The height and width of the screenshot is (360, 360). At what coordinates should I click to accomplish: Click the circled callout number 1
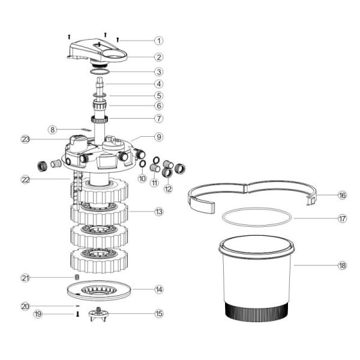pos(158,41)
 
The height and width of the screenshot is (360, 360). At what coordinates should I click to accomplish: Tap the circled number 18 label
pos(342,266)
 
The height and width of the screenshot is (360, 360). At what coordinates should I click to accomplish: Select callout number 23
pos(25,139)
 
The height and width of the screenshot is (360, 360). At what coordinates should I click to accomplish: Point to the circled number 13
pos(159,212)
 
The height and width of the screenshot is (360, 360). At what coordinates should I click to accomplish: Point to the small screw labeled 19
pos(77,314)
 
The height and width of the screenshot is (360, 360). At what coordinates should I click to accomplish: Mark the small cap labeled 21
pos(77,277)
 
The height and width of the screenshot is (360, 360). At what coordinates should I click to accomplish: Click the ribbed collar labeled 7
pos(100,119)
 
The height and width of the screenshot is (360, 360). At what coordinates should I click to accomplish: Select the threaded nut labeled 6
pos(100,106)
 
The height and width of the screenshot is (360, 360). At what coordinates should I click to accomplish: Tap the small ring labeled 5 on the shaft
pos(100,95)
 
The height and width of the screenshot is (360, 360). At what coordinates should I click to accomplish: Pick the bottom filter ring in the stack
pos(99,260)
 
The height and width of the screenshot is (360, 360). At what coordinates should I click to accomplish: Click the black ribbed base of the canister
pos(256,312)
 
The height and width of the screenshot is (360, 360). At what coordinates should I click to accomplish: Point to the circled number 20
pos(25,306)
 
